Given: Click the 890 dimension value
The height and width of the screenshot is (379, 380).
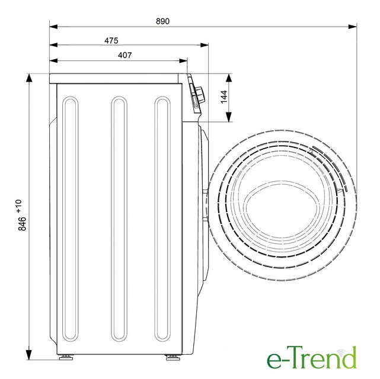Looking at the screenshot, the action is (162, 21).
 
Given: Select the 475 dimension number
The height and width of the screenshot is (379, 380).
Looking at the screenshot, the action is (111, 40).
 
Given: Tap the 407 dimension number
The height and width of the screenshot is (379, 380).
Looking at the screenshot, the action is (125, 55).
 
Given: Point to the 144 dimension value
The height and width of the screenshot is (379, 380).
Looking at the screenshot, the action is (224, 97).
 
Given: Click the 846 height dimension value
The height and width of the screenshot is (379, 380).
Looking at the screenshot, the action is (22, 224).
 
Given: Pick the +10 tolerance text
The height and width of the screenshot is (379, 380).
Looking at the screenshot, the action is (19, 206).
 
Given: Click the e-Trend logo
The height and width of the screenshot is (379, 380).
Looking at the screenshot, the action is (312, 358).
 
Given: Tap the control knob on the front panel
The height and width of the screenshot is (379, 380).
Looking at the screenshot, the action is (200, 94).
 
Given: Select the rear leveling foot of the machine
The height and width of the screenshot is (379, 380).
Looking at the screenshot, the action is (66, 357).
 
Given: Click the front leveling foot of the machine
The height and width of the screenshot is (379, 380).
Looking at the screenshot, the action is (173, 357).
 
